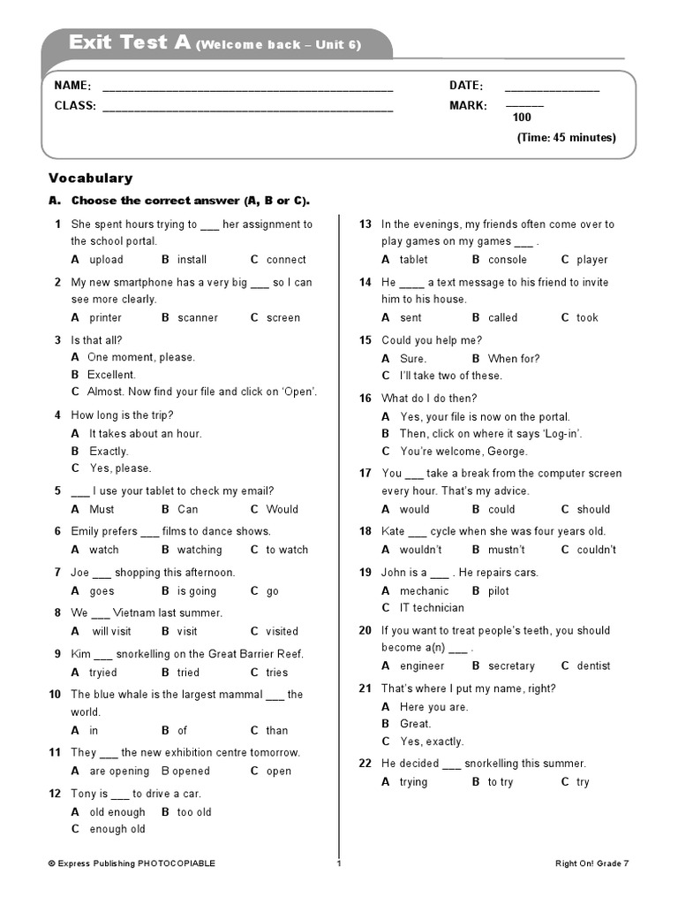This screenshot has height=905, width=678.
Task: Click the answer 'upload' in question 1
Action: pos(106,260)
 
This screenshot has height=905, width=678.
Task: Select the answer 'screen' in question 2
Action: pos(282,318)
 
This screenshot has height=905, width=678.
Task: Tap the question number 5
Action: pos(57,491)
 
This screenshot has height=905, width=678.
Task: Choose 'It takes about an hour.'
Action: pos(145,434)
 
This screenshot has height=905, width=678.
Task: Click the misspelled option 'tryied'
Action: pos(102,673)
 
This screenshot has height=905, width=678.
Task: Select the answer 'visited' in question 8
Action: pos(282,632)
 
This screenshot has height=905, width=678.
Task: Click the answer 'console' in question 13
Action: pos(507,260)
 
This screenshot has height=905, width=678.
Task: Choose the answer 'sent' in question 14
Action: pos(411,318)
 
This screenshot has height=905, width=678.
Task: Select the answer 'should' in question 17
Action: pos(593,510)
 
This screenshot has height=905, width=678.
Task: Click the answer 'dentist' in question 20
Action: pos(593,666)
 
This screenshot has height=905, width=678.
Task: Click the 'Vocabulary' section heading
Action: pos(91,179)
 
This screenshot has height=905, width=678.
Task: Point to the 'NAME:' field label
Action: pos(72,86)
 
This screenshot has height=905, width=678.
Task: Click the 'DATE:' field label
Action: pos(466,86)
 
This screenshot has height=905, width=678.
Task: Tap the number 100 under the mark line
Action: pos(522,118)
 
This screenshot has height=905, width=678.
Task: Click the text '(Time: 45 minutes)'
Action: pos(566,138)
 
